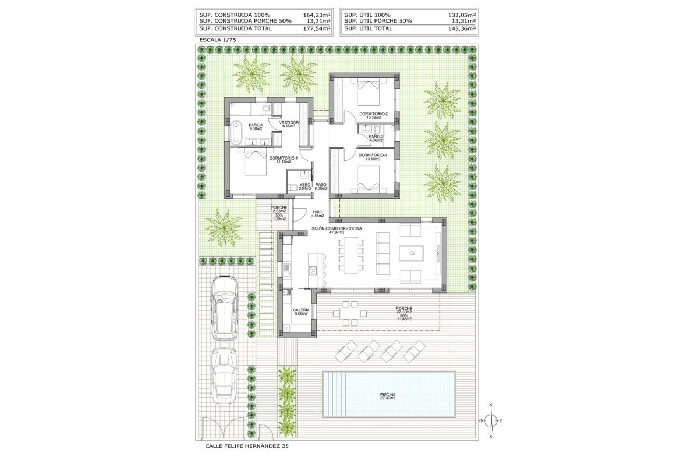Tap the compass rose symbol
[490, 420]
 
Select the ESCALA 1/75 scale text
[217, 40]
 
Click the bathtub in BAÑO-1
[236, 132]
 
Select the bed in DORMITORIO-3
[367, 180]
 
